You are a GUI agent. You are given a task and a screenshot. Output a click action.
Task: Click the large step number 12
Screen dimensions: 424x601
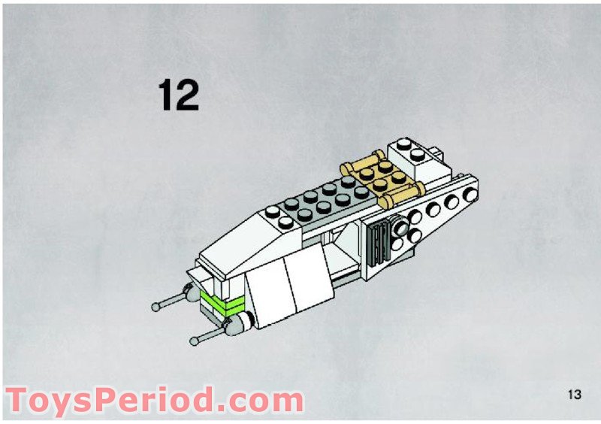(179, 95)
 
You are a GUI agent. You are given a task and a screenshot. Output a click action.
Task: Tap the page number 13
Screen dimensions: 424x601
(575, 395)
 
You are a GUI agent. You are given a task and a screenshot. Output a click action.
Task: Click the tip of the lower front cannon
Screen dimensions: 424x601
(195, 341)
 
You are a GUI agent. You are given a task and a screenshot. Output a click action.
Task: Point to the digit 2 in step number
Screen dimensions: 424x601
(188, 95)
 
